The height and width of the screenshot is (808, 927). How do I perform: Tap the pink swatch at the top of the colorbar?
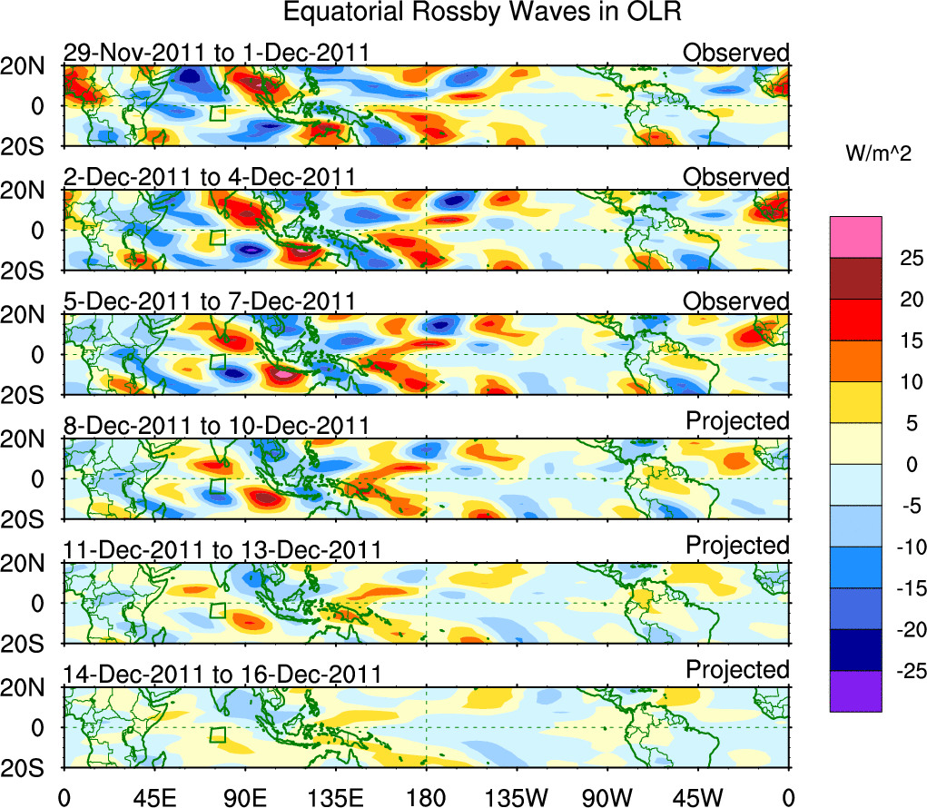(x=854, y=237)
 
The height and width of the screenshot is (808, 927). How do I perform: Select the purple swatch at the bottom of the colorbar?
(x=854, y=691)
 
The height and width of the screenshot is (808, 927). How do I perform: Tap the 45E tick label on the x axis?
(x=154, y=798)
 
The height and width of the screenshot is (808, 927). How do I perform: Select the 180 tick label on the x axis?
(x=427, y=798)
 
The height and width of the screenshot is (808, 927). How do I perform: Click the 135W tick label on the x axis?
(x=518, y=798)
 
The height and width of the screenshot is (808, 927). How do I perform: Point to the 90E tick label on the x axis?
(x=245, y=798)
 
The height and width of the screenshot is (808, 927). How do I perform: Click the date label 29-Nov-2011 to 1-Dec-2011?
(x=216, y=53)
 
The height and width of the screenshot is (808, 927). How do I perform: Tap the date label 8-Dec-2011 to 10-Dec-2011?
(x=216, y=426)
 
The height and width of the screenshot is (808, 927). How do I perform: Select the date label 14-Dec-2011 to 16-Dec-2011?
(x=222, y=675)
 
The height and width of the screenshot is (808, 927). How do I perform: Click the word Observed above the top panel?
(x=736, y=53)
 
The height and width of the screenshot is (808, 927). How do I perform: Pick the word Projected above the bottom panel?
(x=737, y=670)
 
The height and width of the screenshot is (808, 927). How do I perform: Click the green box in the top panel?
(x=217, y=113)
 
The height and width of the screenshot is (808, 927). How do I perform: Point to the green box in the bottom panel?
(x=217, y=734)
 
